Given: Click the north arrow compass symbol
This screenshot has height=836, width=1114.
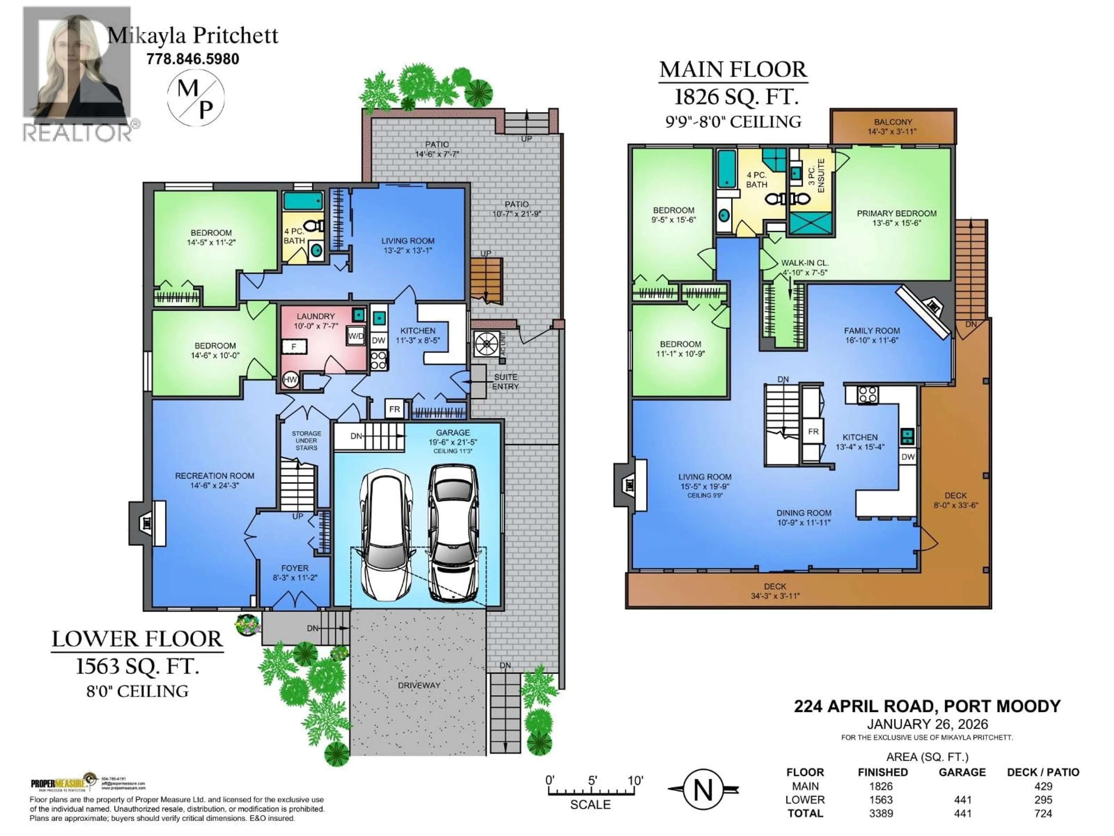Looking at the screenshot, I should click(x=703, y=790).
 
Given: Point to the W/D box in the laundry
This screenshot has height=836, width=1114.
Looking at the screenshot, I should click(x=356, y=336).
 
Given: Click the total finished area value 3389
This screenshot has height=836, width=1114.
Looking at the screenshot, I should click(x=881, y=813).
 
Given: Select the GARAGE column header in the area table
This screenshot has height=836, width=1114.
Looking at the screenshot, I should click(x=962, y=772).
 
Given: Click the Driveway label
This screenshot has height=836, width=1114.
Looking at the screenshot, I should click(x=419, y=685).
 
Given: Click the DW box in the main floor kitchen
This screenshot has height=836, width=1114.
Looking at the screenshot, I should click(x=908, y=457).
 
